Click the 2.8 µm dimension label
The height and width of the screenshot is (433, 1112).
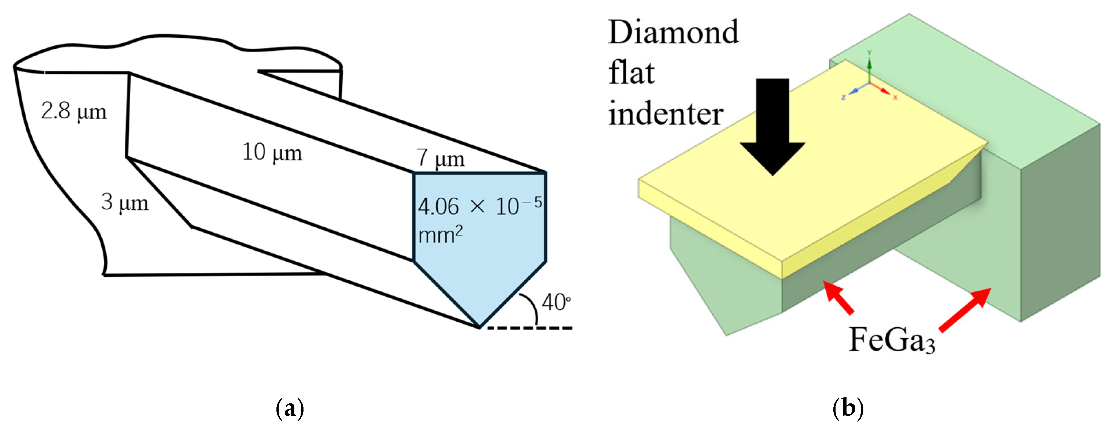click(x=74, y=112)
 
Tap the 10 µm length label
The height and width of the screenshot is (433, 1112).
click(x=272, y=153)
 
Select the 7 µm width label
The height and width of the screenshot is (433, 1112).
click(x=440, y=158)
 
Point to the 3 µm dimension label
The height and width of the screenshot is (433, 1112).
click(x=125, y=202)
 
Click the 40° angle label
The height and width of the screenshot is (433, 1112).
click(x=556, y=302)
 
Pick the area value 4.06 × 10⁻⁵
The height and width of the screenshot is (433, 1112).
click(x=479, y=206)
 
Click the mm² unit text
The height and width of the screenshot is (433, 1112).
click(x=440, y=235)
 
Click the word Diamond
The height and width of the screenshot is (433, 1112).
click(x=674, y=33)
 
